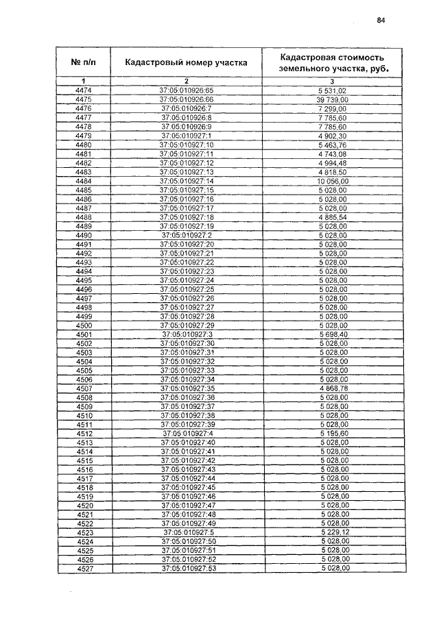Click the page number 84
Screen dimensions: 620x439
tap(381, 20)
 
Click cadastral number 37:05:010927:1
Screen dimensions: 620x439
tap(187, 136)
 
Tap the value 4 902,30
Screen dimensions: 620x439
tap(333, 136)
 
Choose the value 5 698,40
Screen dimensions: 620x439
tap(333, 334)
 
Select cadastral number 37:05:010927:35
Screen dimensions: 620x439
tap(187, 388)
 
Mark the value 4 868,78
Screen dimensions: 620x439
tap(333, 388)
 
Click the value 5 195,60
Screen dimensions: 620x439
tap(333, 434)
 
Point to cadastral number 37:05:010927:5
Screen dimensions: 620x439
tap(187, 532)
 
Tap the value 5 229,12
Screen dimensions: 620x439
tap(333, 532)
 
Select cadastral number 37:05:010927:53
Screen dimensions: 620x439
tap(187, 569)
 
